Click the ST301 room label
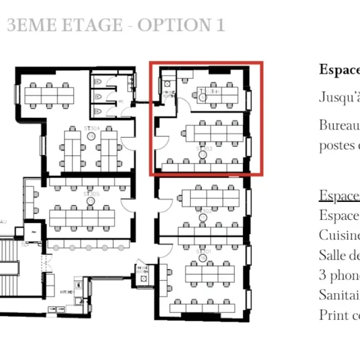click(x=204, y=252)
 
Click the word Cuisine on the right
click(x=339, y=235)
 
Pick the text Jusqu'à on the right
click(x=339, y=97)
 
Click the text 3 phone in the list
click(x=339, y=275)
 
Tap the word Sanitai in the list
click(x=339, y=295)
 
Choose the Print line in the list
click(x=339, y=315)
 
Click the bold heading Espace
click(x=339, y=69)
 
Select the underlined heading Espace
click(x=339, y=196)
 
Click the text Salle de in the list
click(x=339, y=255)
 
